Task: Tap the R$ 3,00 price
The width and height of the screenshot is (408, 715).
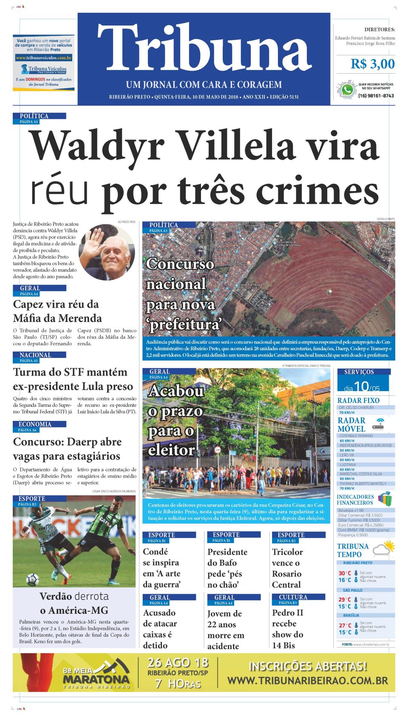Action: tap(372, 64)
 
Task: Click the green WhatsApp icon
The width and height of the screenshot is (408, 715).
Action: tap(347, 90)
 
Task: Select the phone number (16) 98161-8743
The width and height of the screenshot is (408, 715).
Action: tap(376, 96)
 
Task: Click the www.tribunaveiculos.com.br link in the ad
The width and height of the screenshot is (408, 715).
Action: tap(44, 57)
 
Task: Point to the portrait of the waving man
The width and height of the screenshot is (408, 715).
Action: tap(106, 252)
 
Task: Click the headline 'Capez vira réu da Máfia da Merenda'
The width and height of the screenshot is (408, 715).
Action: tap(57, 311)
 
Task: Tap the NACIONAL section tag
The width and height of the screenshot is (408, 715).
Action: tap(35, 355)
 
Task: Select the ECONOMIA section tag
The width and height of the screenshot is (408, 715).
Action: tap(35, 424)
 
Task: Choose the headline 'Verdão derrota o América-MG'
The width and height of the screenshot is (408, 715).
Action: tap(74, 603)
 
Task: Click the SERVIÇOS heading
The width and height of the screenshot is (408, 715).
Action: tap(359, 372)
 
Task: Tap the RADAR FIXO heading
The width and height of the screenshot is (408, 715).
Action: tap(358, 400)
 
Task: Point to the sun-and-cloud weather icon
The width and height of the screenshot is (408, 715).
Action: tap(383, 549)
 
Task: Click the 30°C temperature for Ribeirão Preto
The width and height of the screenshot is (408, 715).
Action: tap(345, 573)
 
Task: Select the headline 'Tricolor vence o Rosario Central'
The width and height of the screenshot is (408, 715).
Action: tap(287, 568)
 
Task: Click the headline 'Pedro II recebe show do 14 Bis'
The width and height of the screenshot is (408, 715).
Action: tap(287, 629)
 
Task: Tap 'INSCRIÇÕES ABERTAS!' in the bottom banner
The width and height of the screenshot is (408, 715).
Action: tap(307, 666)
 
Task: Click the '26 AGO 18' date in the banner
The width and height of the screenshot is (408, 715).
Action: tap(178, 663)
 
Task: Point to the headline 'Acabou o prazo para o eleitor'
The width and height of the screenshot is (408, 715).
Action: tap(175, 420)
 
